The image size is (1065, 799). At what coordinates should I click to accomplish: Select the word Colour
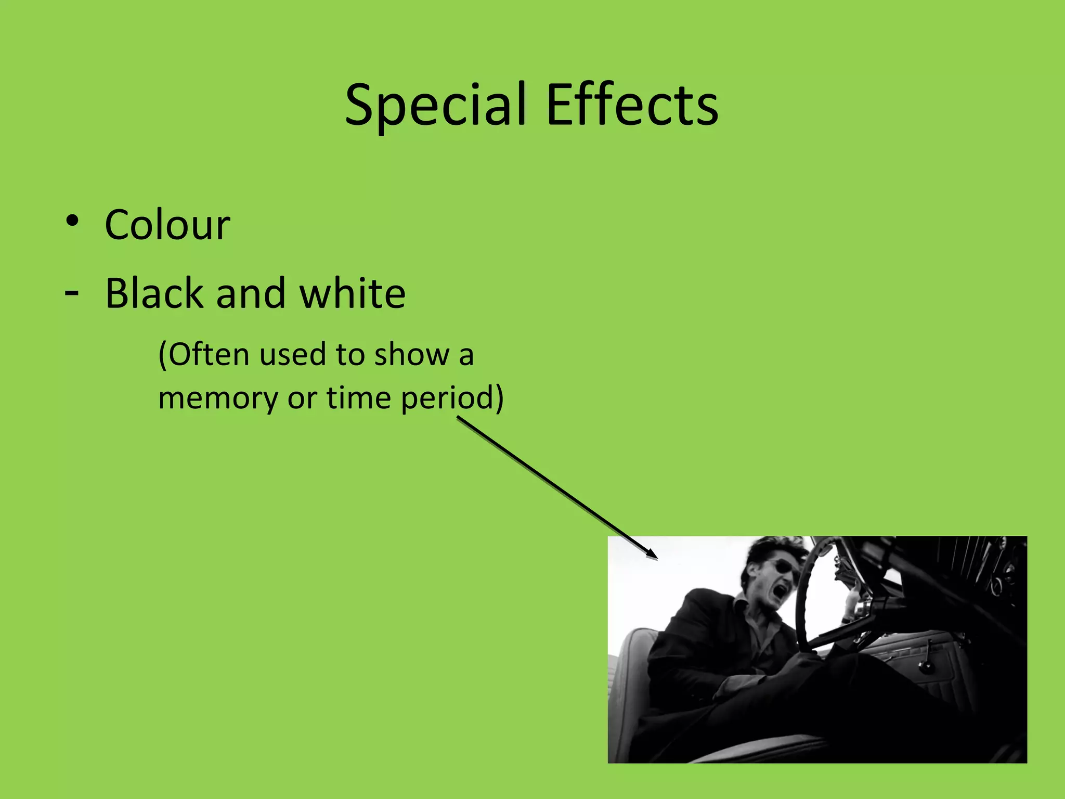click(x=167, y=225)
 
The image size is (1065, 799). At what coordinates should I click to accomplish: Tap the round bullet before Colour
click(x=72, y=221)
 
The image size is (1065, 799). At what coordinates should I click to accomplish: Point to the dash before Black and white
click(x=72, y=293)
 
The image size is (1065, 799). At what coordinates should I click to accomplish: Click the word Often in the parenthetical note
click(x=210, y=355)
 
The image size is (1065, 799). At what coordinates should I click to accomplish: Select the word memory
click(x=218, y=398)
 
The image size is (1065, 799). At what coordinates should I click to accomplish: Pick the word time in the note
click(x=358, y=398)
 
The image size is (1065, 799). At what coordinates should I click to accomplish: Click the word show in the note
click(x=411, y=355)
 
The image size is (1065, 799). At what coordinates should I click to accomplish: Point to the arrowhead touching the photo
click(x=652, y=554)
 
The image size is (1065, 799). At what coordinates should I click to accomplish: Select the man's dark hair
click(x=770, y=549)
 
